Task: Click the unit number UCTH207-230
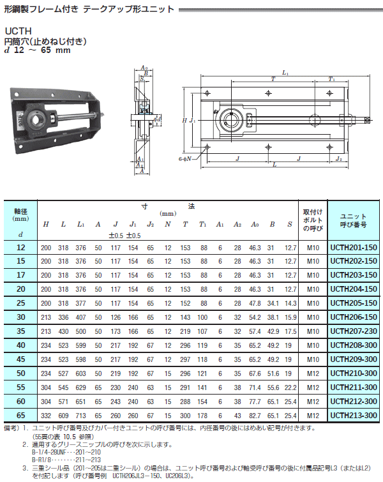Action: point(354,331)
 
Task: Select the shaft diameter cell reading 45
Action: point(20,359)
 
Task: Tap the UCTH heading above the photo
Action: point(18,31)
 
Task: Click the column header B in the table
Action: point(272,224)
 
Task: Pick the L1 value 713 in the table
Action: point(81,416)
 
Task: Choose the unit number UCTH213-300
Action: point(354,416)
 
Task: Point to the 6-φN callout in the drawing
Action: point(184,159)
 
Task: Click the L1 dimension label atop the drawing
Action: point(285,73)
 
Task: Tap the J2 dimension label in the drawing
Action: point(339,158)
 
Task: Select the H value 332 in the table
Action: point(46,416)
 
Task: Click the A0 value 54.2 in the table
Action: point(255,317)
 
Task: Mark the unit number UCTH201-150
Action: point(354,247)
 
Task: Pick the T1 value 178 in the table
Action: point(202,416)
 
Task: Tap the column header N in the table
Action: point(167,224)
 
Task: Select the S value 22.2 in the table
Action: point(290,388)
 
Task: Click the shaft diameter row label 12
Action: point(20,247)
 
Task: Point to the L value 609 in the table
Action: point(63,416)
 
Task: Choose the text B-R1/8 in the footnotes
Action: point(41,460)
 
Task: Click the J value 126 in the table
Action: point(116,317)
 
